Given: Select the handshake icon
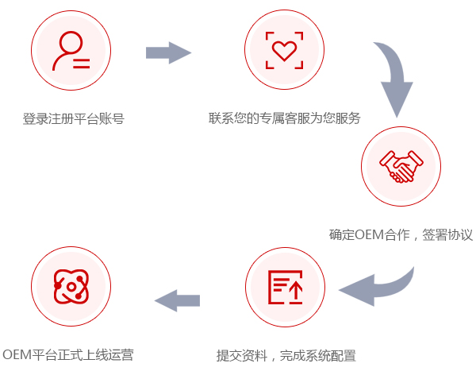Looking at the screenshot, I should [x=401, y=167].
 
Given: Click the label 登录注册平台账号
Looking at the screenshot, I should [x=73, y=119].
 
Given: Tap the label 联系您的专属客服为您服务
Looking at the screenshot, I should [x=284, y=119].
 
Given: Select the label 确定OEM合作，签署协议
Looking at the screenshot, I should [x=401, y=235].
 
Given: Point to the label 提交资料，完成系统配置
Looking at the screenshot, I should [x=286, y=354].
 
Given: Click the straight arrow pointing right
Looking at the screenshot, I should [x=168, y=53].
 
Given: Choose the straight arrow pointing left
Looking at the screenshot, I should [x=177, y=300].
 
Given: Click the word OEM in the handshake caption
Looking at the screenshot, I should [x=369, y=235].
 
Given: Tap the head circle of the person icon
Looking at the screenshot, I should [x=69, y=41].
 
